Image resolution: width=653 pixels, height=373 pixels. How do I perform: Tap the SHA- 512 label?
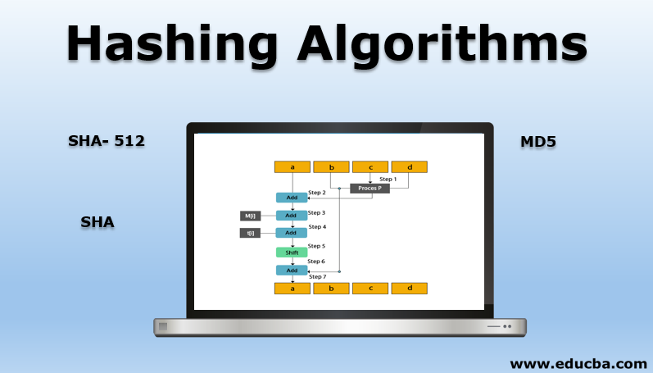107,141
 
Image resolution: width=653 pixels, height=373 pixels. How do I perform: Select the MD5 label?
538,142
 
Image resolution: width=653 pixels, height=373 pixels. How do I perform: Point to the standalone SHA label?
97,221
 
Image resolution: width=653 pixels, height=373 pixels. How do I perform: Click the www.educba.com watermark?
578,362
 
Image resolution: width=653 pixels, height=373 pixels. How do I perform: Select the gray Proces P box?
370,189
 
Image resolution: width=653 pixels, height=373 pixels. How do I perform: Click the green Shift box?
292,252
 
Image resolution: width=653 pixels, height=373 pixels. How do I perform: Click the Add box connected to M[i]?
292,216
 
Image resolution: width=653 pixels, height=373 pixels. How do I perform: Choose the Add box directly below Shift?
292,270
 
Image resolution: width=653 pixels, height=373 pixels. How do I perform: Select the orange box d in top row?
409,167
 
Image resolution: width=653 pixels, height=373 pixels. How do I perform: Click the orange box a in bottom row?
292,289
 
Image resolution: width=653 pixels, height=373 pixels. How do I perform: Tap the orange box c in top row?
370,167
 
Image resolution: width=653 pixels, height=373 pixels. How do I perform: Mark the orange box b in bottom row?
331,289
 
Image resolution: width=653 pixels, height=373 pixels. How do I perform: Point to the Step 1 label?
388,179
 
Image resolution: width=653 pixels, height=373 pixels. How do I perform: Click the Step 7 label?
316,277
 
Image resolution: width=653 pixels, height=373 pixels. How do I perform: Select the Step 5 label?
316,246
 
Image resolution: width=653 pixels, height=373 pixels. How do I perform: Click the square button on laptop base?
163,326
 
